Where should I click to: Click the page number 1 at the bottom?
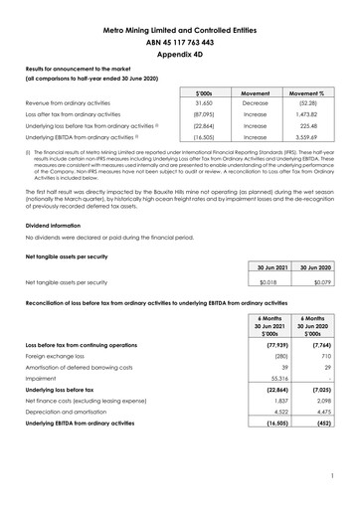[335, 490]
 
